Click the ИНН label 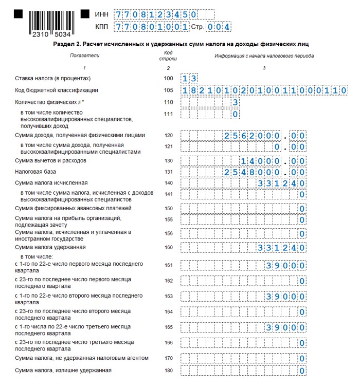click(102, 14)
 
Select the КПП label click(102, 27)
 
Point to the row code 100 click(168, 78)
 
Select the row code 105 click(168, 90)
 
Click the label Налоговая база click(35, 172)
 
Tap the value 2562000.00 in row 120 click(264, 136)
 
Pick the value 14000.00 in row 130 click(273, 161)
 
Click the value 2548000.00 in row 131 click(264, 172)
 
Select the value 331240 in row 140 click(281, 183)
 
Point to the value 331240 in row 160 click(281, 248)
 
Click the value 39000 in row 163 click(285, 297)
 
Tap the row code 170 click(168, 358)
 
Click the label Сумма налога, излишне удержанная click(63, 371)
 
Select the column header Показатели click(84, 56)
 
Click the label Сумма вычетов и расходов click(48, 160)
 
